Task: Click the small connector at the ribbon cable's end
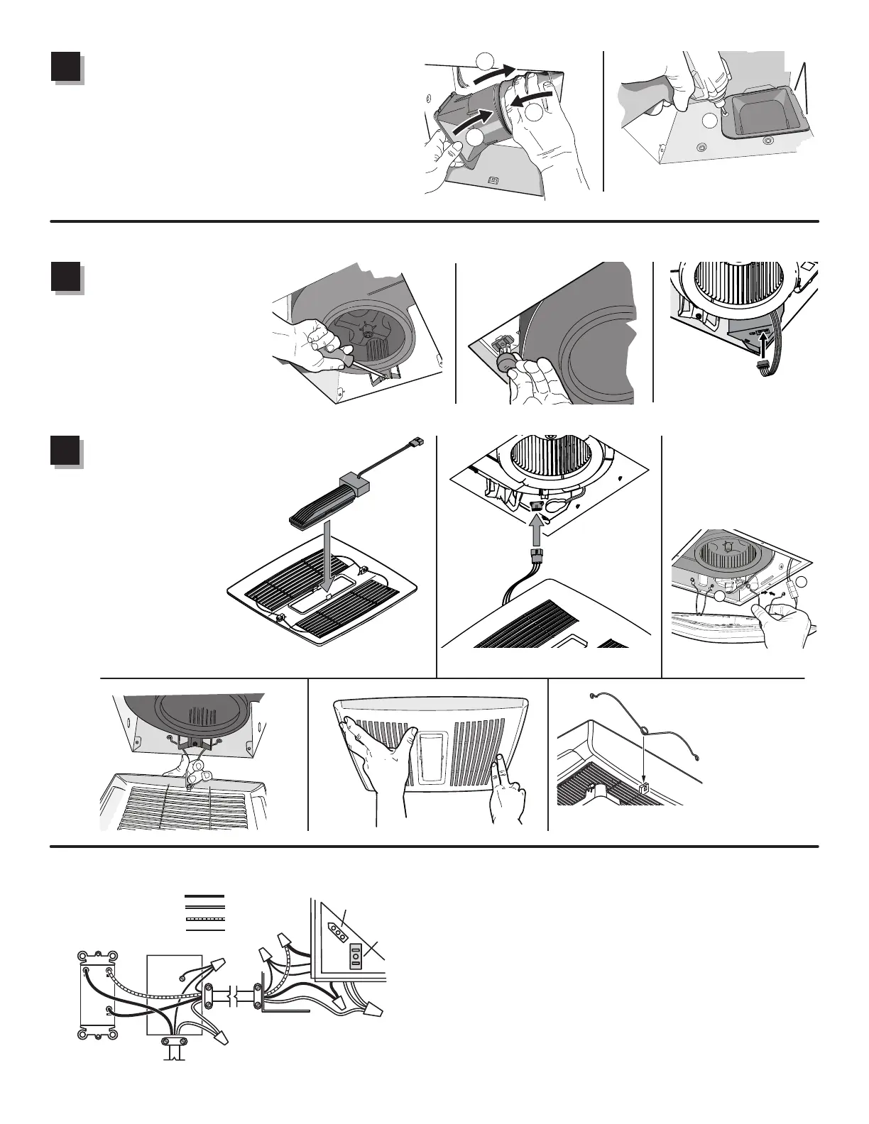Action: (766, 368)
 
